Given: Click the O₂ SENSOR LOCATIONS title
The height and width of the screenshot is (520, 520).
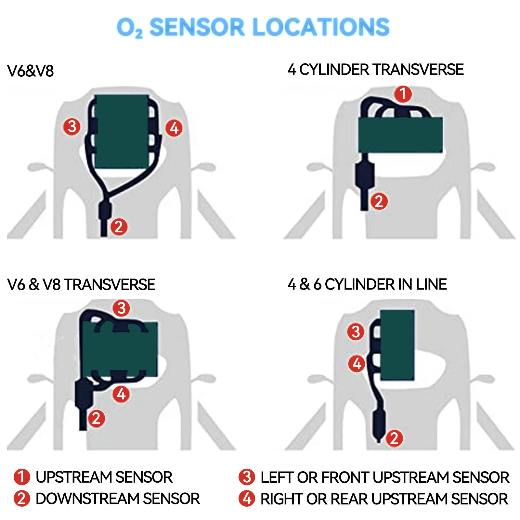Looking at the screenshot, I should coord(253,27).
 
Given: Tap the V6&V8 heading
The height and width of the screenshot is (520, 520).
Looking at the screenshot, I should coord(30,71).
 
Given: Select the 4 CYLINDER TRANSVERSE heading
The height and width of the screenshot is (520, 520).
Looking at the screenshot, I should coord(375,70).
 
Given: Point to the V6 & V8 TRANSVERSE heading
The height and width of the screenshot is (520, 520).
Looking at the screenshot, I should coord(81,285).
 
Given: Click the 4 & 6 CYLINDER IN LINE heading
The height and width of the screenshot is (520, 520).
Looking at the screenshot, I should coord(367,284).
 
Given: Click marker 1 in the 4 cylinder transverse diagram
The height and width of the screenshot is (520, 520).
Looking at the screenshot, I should coord(403,94).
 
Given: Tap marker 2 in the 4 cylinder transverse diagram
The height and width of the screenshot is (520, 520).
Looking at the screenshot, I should coord(379,201).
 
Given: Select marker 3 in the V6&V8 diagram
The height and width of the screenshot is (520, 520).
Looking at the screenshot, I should coord(72,126).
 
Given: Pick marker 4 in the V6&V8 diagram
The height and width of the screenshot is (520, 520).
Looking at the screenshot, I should coord(174,128).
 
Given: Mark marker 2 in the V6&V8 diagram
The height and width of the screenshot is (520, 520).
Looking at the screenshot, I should coord(119,227).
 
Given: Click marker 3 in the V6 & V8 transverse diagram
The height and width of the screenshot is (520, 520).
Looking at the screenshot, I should coord(121,308).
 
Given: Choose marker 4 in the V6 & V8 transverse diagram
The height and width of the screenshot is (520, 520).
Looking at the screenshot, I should coord(121,394).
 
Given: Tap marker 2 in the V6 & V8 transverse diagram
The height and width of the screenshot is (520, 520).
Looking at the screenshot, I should coord(96,418).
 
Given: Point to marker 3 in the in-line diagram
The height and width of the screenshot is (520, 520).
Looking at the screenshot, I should coord(356,332).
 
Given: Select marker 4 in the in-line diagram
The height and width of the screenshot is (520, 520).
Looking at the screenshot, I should coord(357,364).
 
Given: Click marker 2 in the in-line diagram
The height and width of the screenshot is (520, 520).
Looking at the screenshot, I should coord(394,438).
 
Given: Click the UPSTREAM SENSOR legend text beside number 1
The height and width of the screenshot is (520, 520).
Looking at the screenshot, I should coord(104,477).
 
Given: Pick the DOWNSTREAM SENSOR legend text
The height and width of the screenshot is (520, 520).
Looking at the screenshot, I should coord(118,499).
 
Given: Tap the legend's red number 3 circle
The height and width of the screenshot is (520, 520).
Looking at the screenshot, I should coord(247,477).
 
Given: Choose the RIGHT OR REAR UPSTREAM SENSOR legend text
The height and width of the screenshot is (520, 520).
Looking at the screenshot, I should coord(384,499).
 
